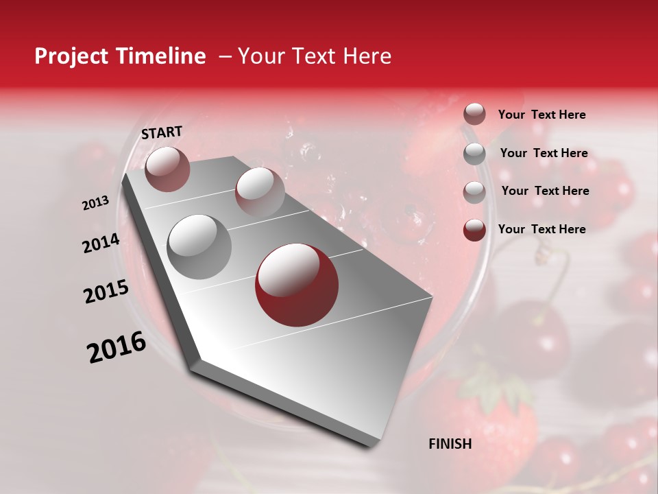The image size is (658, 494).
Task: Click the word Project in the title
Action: [72, 56]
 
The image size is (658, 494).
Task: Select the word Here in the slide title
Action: [367, 56]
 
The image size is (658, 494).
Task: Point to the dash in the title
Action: [225, 56]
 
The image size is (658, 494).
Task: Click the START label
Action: [162, 132]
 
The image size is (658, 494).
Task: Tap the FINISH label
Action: [450, 444]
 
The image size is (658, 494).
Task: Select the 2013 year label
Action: [95, 203]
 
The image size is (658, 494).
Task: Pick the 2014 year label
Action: [101, 243]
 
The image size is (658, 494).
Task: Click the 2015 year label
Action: [106, 292]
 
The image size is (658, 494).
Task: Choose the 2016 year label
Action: [117, 347]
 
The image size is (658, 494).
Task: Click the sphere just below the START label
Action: [167, 169]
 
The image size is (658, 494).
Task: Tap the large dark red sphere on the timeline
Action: [297, 285]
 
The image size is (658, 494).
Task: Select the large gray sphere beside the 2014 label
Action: [199, 247]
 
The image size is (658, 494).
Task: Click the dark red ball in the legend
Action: [474, 230]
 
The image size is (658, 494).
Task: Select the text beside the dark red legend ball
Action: [541, 229]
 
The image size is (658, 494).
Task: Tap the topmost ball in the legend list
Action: [474, 115]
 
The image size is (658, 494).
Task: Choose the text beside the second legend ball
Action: [544, 153]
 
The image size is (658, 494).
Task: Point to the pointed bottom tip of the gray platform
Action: [370, 446]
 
